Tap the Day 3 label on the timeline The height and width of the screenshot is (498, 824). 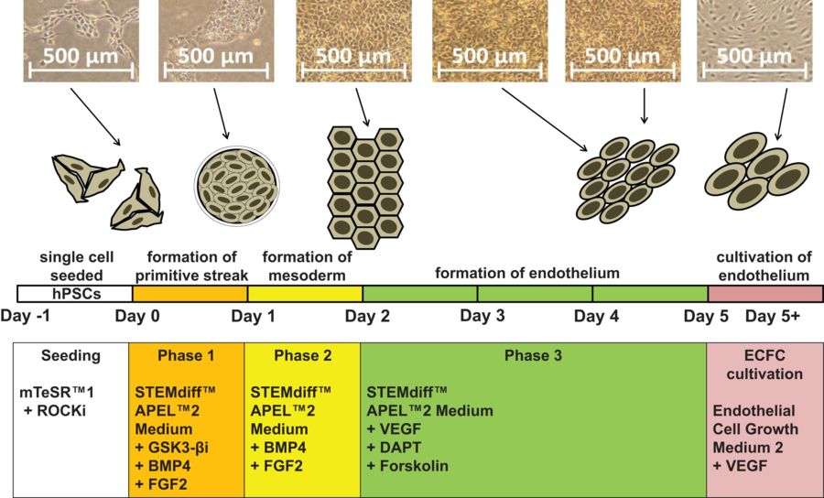[x=482, y=317]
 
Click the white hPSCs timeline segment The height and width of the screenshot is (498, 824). [x=75, y=294]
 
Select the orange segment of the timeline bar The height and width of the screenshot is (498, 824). [x=190, y=294]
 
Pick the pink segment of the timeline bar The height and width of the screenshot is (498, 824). [x=765, y=294]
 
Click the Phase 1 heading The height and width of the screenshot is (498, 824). [x=185, y=356]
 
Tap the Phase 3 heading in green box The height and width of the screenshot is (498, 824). [x=533, y=356]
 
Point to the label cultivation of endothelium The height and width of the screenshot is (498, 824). [x=764, y=265]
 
